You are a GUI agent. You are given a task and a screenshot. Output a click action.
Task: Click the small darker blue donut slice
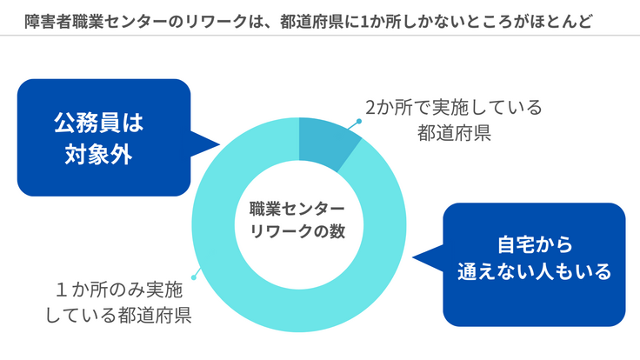(325, 139)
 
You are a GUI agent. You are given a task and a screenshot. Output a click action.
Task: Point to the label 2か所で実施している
(453, 108)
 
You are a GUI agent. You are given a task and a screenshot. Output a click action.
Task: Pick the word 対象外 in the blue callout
(98, 154)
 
